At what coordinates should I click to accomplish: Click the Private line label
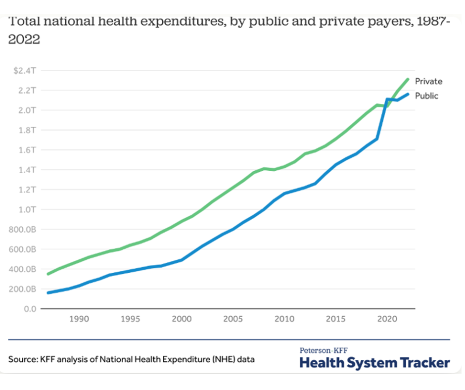428,81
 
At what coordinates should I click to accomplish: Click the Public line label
426,96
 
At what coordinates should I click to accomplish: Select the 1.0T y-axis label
27,209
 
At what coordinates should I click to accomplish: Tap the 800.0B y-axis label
23,229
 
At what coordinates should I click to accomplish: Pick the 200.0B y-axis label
23,289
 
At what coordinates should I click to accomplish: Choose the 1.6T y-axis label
27,149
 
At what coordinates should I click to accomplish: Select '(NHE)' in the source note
224,359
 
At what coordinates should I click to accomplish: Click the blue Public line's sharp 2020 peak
387,99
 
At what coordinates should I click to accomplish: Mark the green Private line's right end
408,79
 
